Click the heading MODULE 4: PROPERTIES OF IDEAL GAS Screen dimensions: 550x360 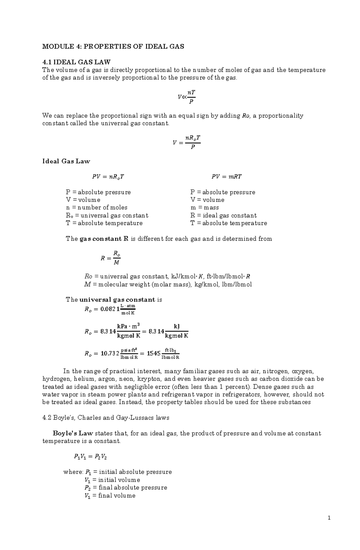(x=113, y=46)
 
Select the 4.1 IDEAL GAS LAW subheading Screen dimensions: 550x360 (x=76, y=62)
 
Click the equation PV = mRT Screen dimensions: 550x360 (x=226, y=177)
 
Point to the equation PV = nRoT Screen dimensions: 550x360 (x=108, y=177)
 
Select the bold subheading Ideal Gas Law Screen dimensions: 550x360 (x=66, y=161)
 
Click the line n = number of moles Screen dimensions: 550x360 (x=97, y=207)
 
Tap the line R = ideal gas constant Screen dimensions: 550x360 (x=223, y=215)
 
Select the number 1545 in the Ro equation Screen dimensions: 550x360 (x=154, y=353)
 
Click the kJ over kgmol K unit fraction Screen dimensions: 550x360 (x=176, y=331)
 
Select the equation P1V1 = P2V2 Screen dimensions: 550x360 (x=90, y=457)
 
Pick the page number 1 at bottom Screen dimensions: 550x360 (x=329, y=518)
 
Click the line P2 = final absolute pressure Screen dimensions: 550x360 (x=126, y=487)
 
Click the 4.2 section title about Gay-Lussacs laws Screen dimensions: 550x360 (x=106, y=418)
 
